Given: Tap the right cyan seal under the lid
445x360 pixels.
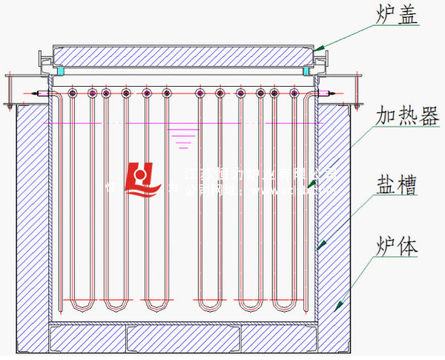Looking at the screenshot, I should tap(306, 71).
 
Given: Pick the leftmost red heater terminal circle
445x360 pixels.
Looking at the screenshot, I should tap(73, 94).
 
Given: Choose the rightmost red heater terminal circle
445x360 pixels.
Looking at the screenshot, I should tap(289, 94).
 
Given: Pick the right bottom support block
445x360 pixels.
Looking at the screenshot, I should tap(280, 338).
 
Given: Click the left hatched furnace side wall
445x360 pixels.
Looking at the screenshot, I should tap(31, 223).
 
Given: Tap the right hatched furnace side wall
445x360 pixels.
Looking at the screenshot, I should tap(334, 223).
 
